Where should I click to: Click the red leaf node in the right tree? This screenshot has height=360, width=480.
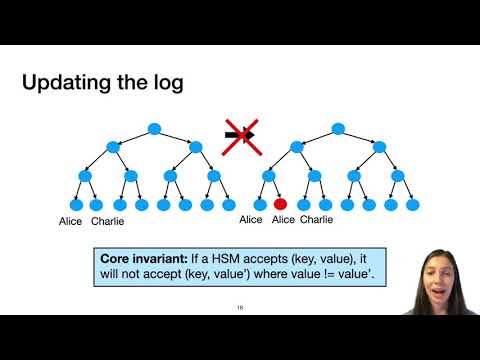click(281, 204)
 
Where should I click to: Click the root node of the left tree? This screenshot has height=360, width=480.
click(153, 128)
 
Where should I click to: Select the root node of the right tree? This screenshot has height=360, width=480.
click(337, 128)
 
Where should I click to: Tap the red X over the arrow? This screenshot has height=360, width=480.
click(240, 134)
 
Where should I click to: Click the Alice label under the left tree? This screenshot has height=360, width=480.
click(70, 220)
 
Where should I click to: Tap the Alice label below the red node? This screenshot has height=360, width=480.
click(283, 220)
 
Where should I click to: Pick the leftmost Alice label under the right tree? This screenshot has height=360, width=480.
click(251, 220)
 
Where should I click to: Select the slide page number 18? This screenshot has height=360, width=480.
click(240, 307)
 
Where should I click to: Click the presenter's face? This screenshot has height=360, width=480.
click(437, 268)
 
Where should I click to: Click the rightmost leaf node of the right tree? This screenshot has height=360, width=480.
click(413, 204)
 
